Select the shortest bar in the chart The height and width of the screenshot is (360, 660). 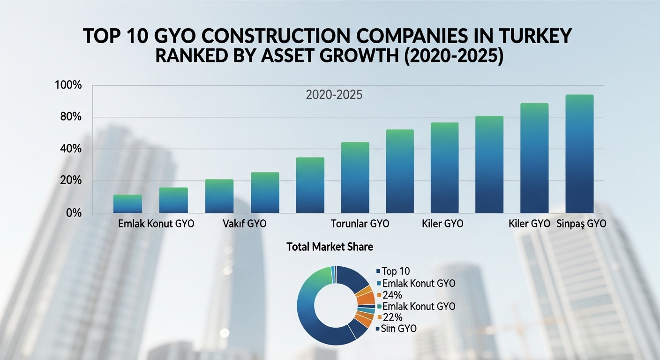[x=127, y=204]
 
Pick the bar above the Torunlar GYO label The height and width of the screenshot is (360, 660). [x=355, y=178]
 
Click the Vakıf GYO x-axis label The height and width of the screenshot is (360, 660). [x=243, y=224]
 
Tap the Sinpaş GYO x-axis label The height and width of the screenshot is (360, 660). [x=581, y=224]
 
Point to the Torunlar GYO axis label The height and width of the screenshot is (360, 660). [x=360, y=224]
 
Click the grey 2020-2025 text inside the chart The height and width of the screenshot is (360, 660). [x=334, y=95]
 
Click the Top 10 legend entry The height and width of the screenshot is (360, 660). [x=396, y=271]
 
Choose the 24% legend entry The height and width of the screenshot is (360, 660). [x=393, y=295]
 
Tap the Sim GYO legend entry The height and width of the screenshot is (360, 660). [x=398, y=329]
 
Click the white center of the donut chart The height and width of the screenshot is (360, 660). [x=335, y=305]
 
